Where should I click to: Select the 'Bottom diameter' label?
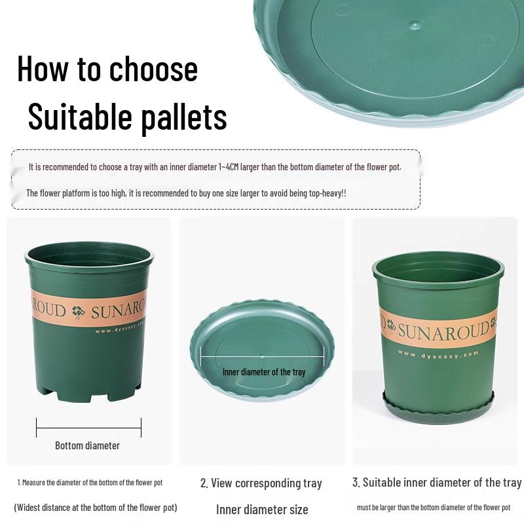87,445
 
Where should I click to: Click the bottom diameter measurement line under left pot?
88,428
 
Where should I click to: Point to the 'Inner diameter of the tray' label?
264,372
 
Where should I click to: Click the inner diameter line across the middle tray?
262,357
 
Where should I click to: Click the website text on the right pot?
438,354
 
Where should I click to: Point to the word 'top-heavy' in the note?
322,193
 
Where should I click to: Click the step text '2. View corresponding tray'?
261,483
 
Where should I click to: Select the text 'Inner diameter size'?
262,510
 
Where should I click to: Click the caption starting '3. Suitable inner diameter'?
437,483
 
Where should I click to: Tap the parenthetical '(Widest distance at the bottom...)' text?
96,508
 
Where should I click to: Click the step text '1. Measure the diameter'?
90,483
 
